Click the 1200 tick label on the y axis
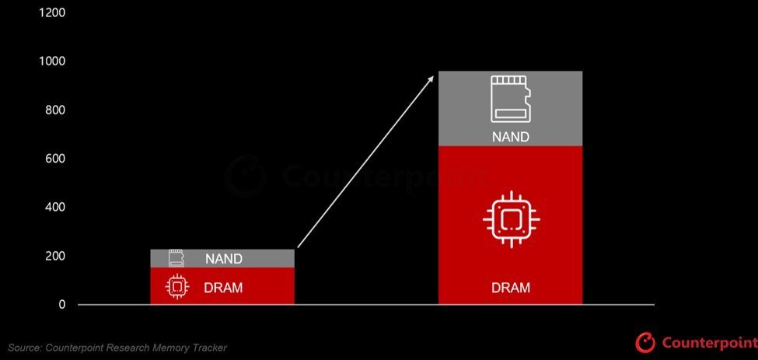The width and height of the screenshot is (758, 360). point(52,12)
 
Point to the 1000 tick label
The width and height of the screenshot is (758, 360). point(52,61)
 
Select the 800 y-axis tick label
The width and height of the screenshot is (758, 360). point(55,110)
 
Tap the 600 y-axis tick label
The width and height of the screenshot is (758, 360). point(55,159)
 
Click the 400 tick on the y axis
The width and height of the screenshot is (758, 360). point(55,208)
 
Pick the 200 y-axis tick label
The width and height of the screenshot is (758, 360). point(55,256)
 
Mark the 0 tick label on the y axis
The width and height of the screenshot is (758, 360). point(62,305)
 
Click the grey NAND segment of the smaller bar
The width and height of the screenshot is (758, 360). point(222,258)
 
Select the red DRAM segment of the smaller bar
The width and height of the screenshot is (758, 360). point(222,286)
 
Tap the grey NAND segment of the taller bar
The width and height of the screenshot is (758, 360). point(510,109)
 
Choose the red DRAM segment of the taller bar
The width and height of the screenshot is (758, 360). point(510,225)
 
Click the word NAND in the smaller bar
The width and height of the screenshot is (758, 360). point(224,259)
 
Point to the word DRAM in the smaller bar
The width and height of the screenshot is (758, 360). point(223,288)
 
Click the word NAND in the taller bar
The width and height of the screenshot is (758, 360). point(511,137)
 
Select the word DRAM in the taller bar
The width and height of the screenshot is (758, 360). point(511,288)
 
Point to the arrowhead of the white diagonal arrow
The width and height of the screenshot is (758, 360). point(430,79)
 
